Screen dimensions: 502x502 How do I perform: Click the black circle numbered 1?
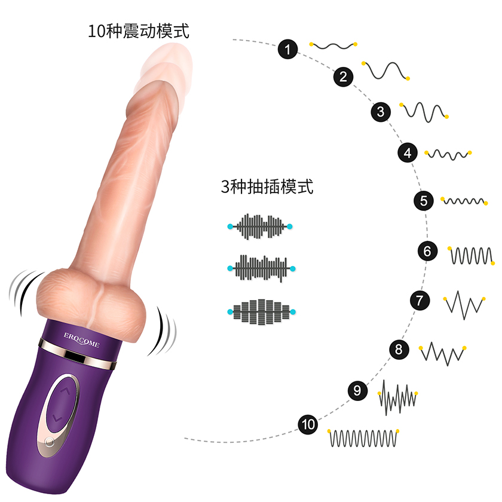click(287, 49)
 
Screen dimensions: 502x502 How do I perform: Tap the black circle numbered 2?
click(343, 77)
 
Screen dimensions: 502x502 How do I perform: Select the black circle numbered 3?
click(381, 112)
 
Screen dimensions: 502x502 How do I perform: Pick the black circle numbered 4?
click(408, 152)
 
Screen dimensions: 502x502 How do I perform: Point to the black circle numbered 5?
click(424, 201)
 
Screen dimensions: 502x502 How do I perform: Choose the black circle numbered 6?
click(427, 251)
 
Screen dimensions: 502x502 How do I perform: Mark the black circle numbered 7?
click(420, 300)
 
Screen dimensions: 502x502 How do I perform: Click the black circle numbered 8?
click(399, 349)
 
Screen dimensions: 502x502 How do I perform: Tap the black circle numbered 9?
click(357, 390)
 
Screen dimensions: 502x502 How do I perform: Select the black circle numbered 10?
click(308, 424)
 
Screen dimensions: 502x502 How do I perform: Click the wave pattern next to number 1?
click(333, 46)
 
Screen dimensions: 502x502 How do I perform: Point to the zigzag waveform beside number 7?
click(464, 305)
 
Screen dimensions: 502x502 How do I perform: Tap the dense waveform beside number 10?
click(363, 438)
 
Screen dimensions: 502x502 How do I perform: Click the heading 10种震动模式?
click(139, 31)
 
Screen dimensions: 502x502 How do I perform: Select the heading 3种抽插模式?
click(267, 186)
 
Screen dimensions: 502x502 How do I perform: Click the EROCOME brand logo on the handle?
click(82, 340)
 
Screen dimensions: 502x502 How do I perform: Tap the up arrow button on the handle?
click(65, 391)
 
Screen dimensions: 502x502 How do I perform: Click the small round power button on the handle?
click(49, 442)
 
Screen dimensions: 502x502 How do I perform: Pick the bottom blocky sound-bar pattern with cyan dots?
click(261, 312)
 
